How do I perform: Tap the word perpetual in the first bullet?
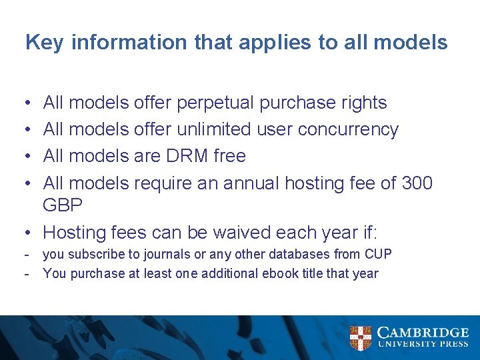[x=213, y=103]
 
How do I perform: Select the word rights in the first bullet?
[x=363, y=103]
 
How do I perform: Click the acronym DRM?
[x=183, y=156]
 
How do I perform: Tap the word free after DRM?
[x=229, y=156]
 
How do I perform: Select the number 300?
[x=417, y=182]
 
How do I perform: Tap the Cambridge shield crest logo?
[x=361, y=338]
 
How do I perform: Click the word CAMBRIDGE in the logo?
[x=423, y=333]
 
